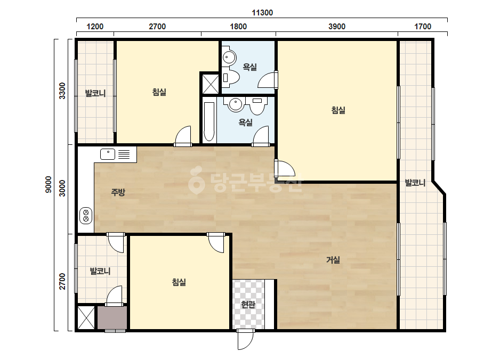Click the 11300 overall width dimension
[x=262, y=13]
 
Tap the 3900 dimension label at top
[x=337, y=26]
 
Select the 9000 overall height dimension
[x=48, y=184]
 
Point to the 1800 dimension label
[x=238, y=26]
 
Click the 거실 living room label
[x=333, y=260]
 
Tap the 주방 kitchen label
[x=118, y=192]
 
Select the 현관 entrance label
[x=248, y=304]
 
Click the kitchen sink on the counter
[x=108, y=154]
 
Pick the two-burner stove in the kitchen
[x=86, y=216]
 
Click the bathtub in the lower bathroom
[x=208, y=121]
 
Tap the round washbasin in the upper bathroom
[x=229, y=58]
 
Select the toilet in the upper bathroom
[x=231, y=77]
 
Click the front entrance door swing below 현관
[x=245, y=340]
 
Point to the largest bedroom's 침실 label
[x=338, y=110]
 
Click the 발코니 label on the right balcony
[x=415, y=183]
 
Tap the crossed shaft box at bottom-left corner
[x=86, y=318]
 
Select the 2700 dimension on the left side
[x=62, y=281]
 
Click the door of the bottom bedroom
[x=216, y=242]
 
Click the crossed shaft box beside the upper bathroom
[x=210, y=84]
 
